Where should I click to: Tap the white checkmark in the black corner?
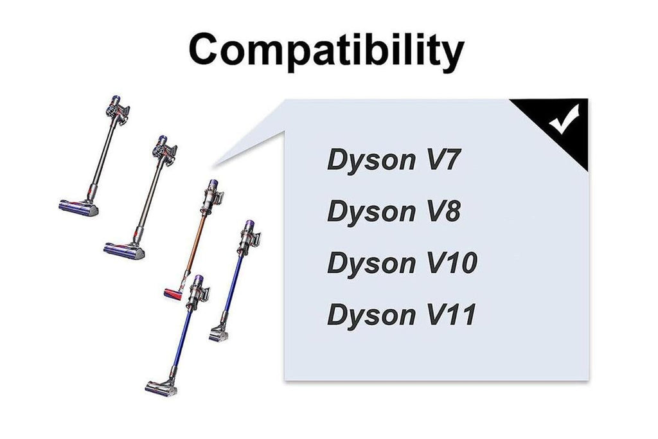click(x=564, y=120)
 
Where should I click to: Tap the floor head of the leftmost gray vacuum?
click(x=78, y=208)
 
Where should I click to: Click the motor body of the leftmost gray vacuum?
click(x=117, y=110)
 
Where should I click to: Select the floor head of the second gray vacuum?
click(x=124, y=251)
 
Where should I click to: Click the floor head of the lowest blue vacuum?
click(x=161, y=388)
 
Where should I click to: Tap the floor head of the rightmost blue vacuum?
click(x=218, y=334)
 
